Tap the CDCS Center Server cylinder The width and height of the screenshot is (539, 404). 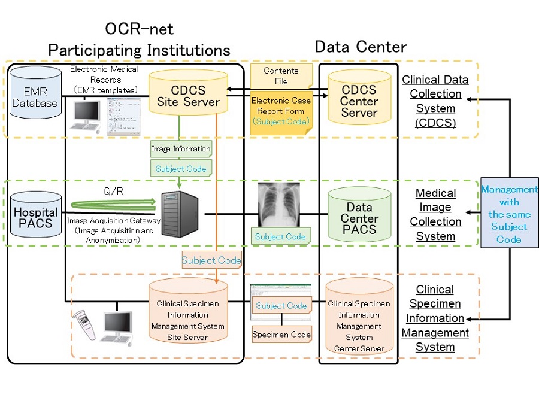359,101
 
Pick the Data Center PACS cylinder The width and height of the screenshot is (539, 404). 359,217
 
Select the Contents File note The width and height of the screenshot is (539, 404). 281,76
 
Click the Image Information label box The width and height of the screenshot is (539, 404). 180,148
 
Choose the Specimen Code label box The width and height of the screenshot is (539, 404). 281,334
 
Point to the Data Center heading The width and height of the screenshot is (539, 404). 361,47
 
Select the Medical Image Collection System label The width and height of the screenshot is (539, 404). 435,214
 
